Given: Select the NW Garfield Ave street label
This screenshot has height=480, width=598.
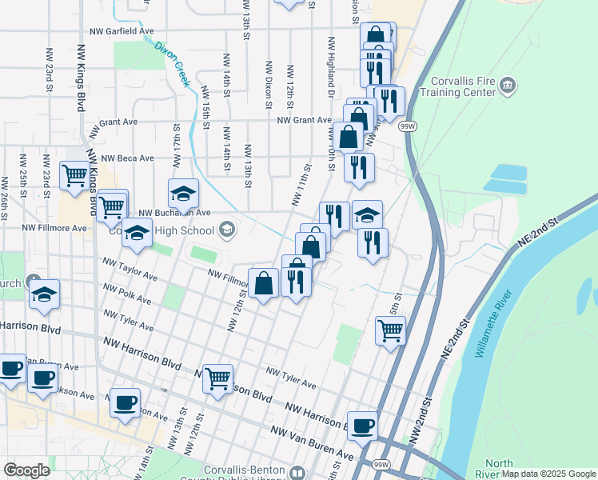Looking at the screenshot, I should pyautogui.click(x=122, y=32).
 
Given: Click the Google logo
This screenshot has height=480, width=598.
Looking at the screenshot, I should pyautogui.click(x=26, y=470).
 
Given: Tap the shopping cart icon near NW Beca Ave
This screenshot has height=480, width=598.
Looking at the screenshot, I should pyautogui.click(x=75, y=175).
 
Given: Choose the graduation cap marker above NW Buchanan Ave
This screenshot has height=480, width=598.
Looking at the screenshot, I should pyautogui.click(x=183, y=194).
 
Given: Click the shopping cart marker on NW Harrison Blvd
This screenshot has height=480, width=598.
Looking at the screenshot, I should pyautogui.click(x=217, y=378).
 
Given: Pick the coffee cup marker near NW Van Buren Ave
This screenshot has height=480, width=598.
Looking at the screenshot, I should pyautogui.click(x=363, y=426).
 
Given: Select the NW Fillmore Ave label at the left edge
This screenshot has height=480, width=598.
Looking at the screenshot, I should pyautogui.click(x=55, y=228).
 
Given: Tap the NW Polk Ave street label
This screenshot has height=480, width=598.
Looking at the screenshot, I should pyautogui.click(x=126, y=293).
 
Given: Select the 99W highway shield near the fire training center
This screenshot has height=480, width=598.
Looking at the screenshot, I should pyautogui.click(x=407, y=126).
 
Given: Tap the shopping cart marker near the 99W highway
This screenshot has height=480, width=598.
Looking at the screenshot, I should pyautogui.click(x=390, y=329).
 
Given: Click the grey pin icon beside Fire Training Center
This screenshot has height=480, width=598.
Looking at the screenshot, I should pyautogui.click(x=507, y=86).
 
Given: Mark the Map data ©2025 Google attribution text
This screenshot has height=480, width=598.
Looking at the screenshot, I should pyautogui.click(x=548, y=474).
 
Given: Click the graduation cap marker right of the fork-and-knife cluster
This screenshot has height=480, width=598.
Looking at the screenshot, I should pyautogui.click(x=367, y=214).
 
